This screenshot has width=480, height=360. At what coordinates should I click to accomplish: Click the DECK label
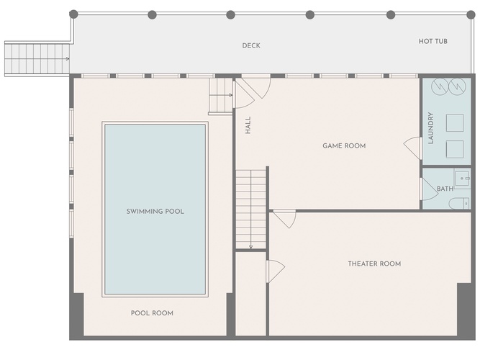[251, 45]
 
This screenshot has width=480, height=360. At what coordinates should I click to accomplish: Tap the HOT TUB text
[433, 41]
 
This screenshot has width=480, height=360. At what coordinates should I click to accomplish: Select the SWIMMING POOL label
[155, 212]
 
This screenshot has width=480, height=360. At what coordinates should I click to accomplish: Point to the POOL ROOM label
[152, 313]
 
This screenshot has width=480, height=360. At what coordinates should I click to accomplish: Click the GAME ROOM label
[344, 146]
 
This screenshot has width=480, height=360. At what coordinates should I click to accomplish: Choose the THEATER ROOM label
[374, 264]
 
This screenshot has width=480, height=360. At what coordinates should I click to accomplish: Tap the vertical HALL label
[248, 125]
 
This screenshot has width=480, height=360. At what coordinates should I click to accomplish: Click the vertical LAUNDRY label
[431, 128]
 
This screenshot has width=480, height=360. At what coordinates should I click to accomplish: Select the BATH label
[445, 189]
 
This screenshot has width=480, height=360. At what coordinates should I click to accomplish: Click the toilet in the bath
[459, 204]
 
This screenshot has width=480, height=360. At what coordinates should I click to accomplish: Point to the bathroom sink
[462, 178]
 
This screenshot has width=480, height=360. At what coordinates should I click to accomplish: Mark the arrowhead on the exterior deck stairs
[68, 59]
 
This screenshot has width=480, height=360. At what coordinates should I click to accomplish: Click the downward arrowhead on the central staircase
[250, 247]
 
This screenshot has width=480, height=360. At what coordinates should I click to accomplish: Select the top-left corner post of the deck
[73, 14]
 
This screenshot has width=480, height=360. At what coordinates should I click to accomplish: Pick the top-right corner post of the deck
[471, 14]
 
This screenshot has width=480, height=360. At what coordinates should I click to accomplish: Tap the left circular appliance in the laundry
[440, 86]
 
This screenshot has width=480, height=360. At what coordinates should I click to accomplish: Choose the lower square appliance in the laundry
[455, 149]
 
